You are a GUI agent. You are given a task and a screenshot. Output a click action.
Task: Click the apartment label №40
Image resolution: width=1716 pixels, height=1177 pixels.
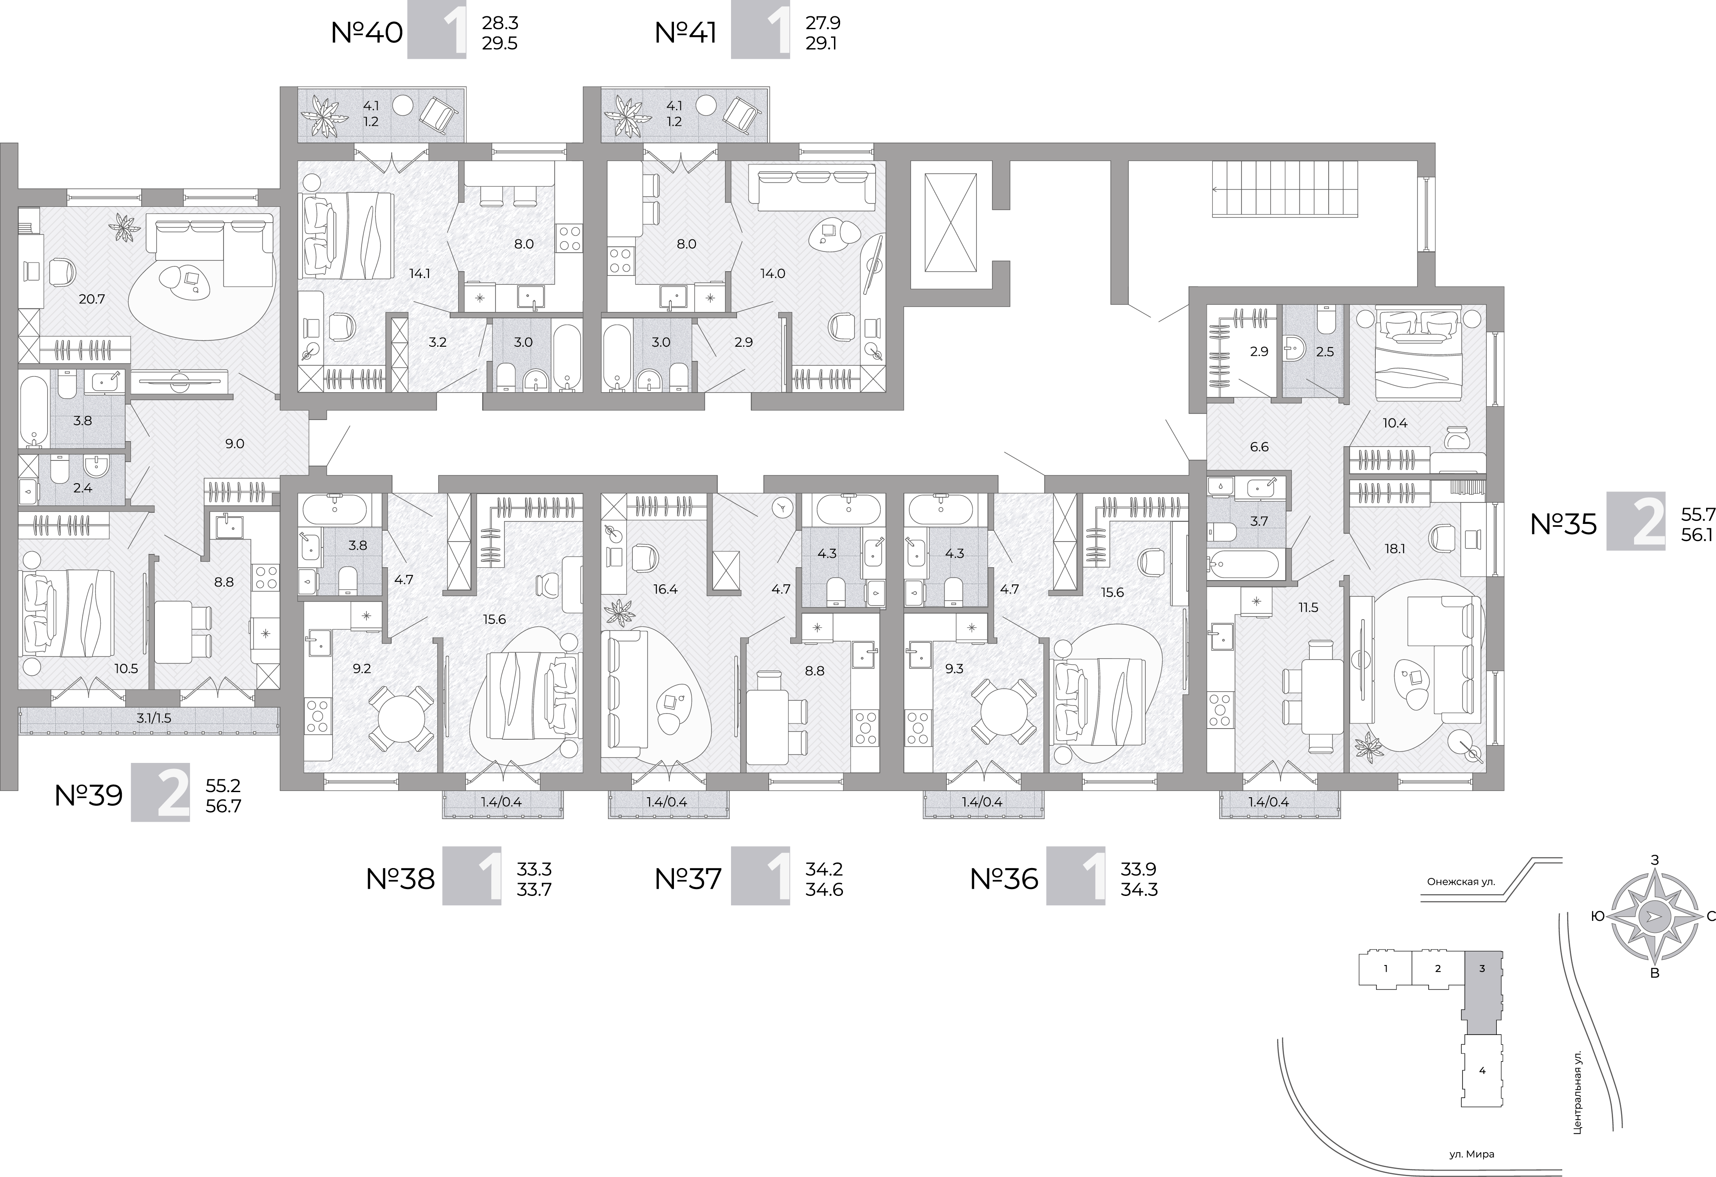(367, 33)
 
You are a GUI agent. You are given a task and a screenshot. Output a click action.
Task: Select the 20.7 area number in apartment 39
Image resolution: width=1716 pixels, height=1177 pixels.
(92, 299)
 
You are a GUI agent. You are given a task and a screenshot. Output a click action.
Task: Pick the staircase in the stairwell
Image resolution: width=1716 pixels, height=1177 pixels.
(1285, 189)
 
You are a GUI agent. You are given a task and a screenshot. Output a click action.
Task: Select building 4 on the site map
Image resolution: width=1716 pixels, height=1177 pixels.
(1482, 1091)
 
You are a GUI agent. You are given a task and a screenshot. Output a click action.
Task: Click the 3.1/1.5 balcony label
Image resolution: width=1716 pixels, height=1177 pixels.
(149, 718)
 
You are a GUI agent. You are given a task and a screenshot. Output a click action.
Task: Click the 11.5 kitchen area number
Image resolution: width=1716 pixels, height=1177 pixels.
(1308, 608)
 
